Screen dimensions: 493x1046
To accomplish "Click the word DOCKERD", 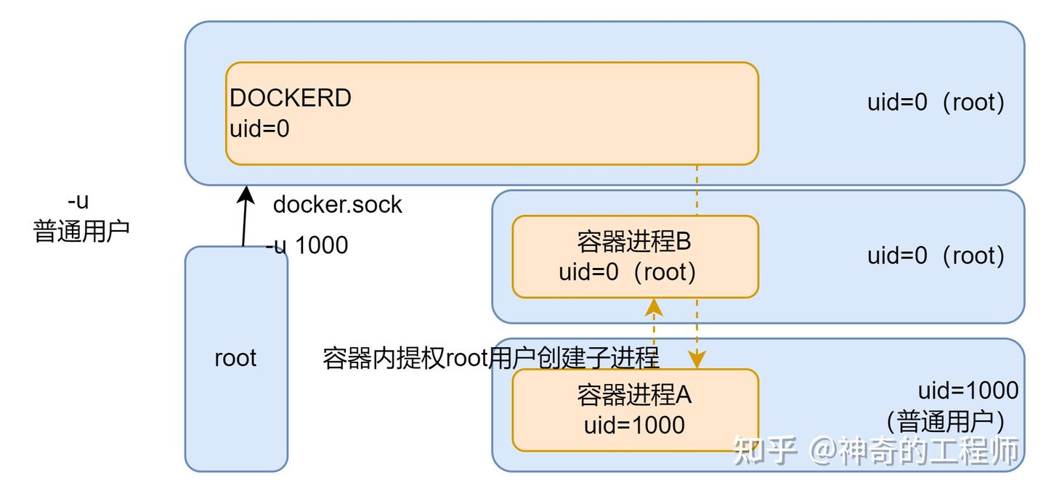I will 291,98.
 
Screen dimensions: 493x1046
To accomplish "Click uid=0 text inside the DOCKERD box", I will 259,129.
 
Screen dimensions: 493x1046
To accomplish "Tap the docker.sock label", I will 337,205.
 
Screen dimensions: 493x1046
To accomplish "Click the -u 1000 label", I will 307,245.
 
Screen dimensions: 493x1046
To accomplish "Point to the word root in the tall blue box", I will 235,358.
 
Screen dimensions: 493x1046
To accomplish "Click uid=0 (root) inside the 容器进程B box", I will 628,273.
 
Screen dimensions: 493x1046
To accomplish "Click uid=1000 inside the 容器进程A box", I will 634,425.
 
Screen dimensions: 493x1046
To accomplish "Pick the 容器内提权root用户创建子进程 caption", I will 490,358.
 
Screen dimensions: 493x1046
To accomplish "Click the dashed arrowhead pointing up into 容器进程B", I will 655,306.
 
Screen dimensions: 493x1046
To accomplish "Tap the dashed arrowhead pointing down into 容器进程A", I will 697,359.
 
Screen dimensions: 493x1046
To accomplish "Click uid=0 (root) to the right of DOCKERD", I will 936,102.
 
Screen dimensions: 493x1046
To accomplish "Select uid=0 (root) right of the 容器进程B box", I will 936,256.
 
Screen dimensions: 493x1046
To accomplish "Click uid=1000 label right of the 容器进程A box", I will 968,391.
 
